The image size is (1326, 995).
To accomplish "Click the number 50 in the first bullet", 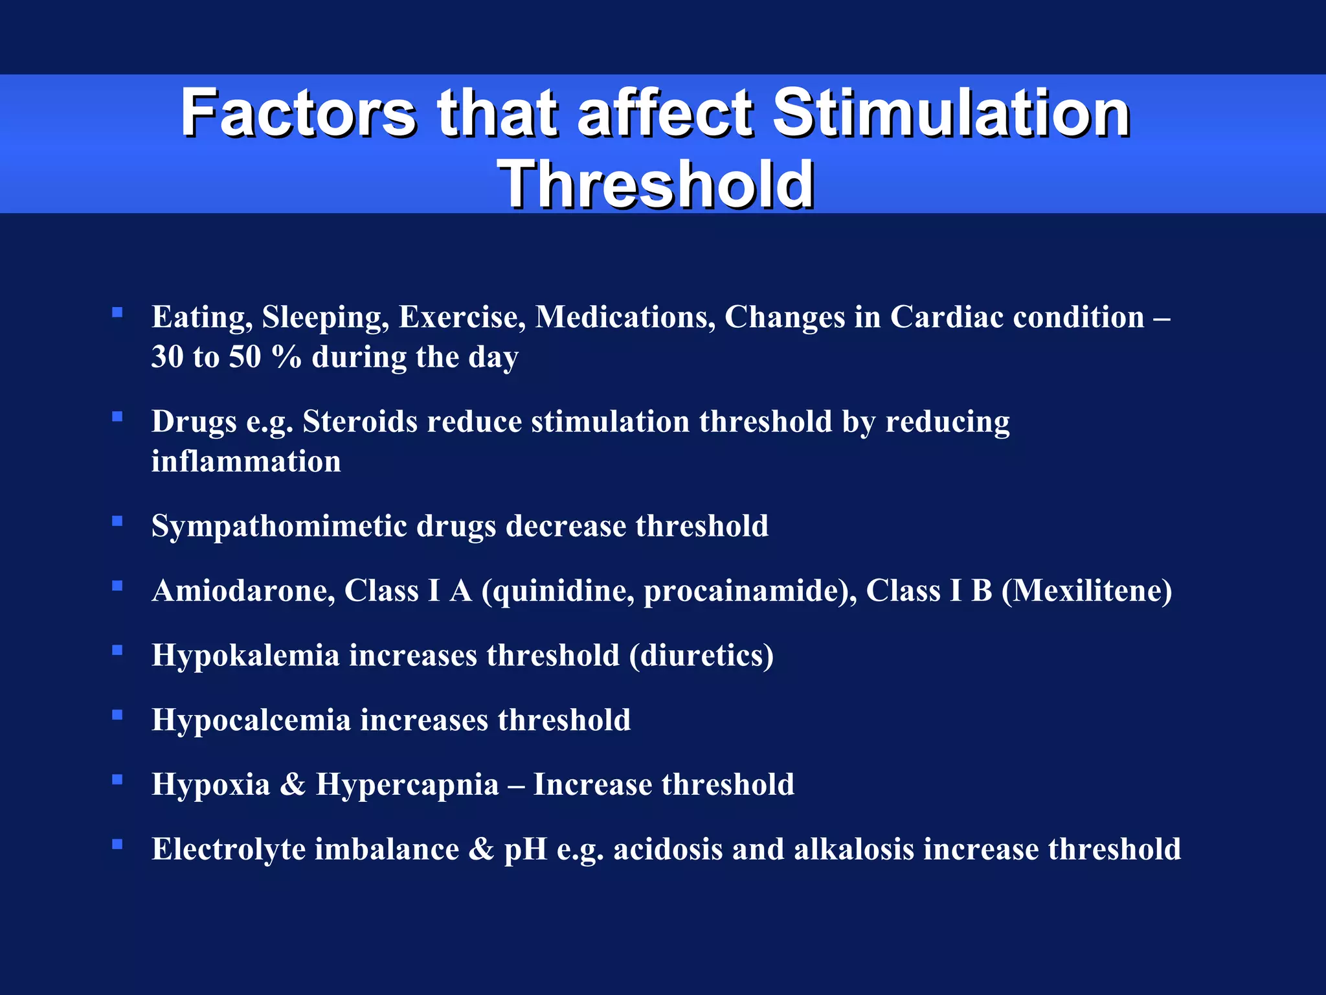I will click(x=245, y=357).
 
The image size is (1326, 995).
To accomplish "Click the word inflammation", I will click(x=246, y=462).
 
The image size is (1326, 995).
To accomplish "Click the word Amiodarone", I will click(x=243, y=591).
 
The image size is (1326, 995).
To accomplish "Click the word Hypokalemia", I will click(x=245, y=655).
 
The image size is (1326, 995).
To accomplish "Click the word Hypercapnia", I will click(x=407, y=784).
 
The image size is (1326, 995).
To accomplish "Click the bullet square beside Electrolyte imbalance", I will click(x=117, y=844).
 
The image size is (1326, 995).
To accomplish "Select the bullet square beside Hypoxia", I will click(x=117, y=779).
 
